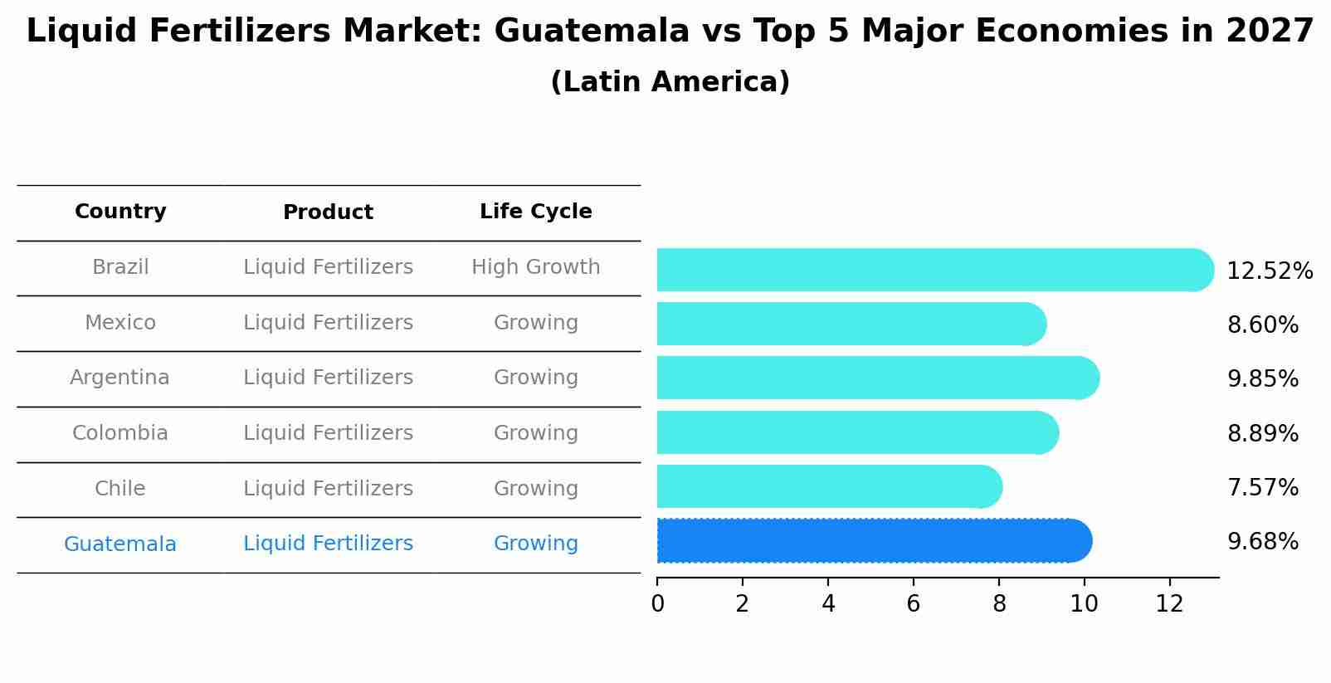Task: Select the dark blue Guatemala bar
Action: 871,541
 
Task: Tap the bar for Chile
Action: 828,486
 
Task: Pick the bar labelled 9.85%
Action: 876,378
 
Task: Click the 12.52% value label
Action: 1269,271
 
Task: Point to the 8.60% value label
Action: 1262,325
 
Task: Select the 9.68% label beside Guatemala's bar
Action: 1262,542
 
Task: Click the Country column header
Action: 120,212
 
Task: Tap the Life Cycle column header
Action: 535,212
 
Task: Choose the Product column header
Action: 328,212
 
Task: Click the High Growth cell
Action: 535,267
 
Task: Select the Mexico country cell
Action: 120,323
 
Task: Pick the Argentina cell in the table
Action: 119,378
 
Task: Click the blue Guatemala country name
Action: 119,544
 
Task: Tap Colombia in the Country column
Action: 119,433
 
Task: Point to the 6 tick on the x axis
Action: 913,604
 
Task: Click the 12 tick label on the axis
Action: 1169,604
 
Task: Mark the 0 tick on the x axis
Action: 657,604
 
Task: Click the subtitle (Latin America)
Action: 670,82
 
